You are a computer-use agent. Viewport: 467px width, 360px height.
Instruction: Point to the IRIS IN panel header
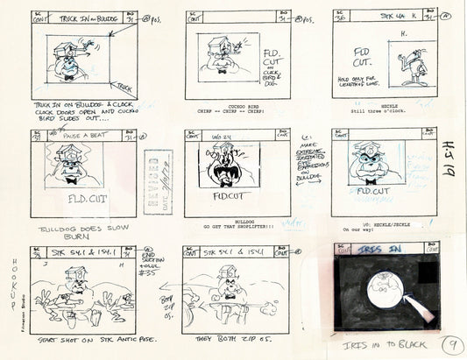point(379,249)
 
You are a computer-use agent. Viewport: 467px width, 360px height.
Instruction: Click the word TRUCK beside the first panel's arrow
point(124,86)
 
